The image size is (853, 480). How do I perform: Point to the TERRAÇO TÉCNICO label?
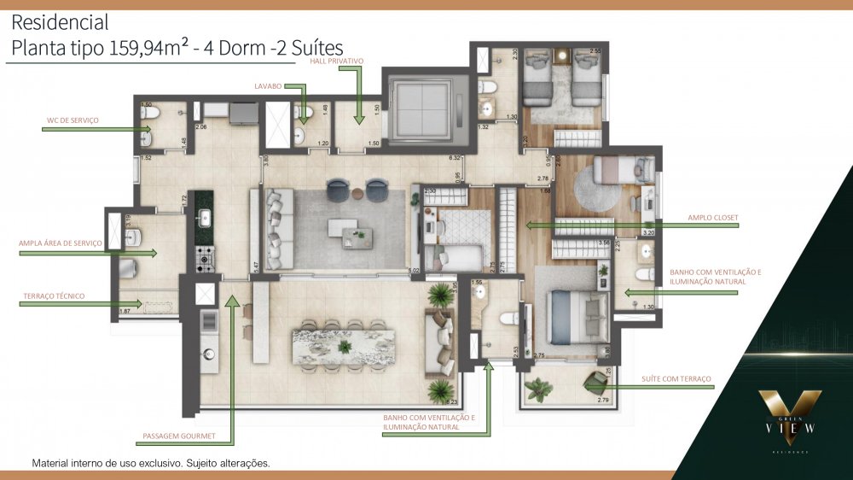[54, 296]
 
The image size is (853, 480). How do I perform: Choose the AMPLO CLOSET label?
[712, 217]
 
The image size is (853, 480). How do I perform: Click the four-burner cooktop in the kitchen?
[205, 256]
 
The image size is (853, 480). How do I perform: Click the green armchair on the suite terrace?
[595, 383]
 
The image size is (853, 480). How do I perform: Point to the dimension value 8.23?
[452, 401]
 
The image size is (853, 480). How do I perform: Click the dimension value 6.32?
[455, 158]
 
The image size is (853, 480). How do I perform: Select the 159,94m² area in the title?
[150, 49]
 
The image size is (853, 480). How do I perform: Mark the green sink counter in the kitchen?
[205, 218]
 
